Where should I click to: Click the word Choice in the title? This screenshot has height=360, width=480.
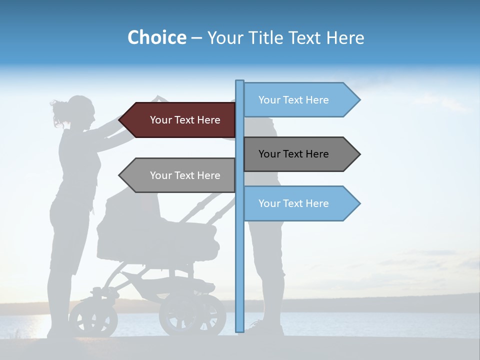[156, 37]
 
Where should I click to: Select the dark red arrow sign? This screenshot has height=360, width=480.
[180, 120]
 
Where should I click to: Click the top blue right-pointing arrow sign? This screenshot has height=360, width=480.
[300, 100]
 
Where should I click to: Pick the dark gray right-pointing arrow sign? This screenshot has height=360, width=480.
[300, 154]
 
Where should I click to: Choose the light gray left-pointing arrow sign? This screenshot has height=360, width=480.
[180, 175]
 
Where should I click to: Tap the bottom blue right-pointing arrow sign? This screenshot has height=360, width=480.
[300, 203]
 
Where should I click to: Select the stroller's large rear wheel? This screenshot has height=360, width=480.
[192, 314]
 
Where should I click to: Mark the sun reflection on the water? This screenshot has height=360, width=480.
[30, 325]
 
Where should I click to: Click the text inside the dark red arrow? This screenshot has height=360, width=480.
[185, 120]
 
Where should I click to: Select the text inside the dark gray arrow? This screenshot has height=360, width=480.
[293, 154]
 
